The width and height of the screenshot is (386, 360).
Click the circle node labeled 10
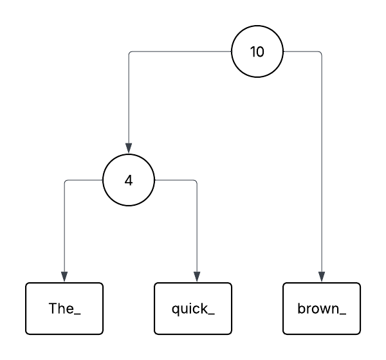257,52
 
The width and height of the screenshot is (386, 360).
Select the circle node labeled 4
129,180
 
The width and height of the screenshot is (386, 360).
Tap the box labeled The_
64,309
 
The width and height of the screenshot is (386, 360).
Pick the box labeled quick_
193,309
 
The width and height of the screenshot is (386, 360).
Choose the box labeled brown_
322,309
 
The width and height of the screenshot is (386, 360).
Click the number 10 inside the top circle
257,52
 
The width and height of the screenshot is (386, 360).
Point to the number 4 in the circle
129,180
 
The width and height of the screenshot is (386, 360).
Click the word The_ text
64,309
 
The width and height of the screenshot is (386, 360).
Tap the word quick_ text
193,309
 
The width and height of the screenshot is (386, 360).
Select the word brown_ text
322,309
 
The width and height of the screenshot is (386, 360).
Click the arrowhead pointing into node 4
129,148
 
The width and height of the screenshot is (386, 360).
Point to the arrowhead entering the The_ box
64,277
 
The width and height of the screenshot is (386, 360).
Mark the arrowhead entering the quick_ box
196,277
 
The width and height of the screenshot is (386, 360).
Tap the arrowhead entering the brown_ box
322,277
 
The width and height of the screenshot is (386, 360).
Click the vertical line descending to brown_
322,161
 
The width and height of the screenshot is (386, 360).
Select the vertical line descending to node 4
129,96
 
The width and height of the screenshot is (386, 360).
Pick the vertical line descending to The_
64,225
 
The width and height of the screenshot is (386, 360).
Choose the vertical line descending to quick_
196,225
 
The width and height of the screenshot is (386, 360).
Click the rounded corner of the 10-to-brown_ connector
320,53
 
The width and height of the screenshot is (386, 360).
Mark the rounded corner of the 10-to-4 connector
130,53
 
